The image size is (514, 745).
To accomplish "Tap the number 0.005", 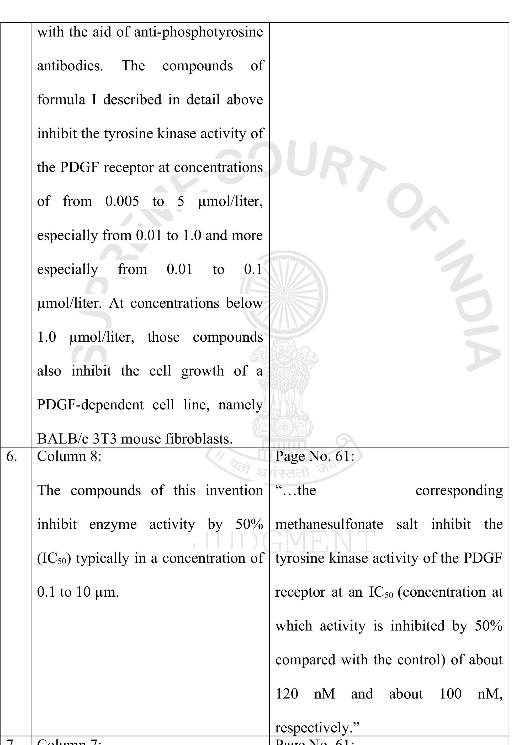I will [122, 201].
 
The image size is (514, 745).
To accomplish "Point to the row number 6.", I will [12, 457].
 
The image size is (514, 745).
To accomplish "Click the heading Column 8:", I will [69, 457].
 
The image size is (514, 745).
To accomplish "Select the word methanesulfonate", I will [329, 524].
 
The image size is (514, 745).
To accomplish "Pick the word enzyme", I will [113, 524].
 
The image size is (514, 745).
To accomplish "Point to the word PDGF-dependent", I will [90, 405].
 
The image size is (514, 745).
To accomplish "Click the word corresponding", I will [459, 491].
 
